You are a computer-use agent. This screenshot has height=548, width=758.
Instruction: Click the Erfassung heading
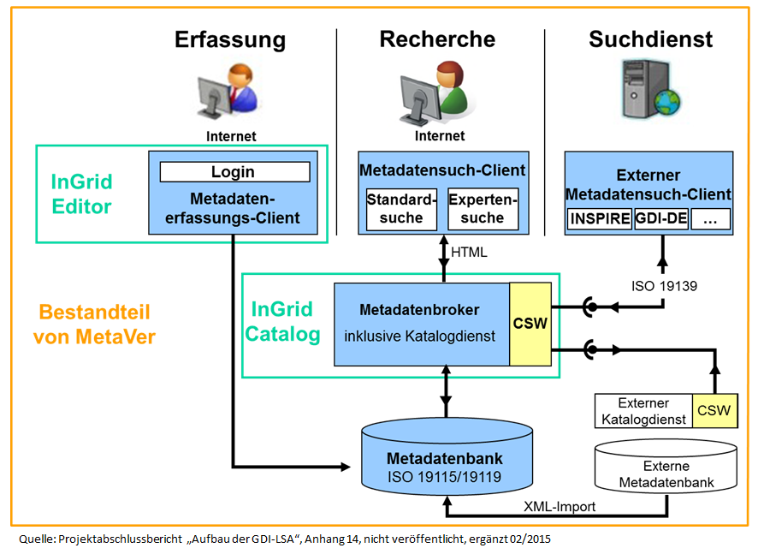[230, 39]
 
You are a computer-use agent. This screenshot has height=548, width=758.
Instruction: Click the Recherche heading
[437, 39]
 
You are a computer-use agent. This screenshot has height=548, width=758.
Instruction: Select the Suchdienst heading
[650, 39]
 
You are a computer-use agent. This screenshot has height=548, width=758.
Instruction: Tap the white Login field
[234, 172]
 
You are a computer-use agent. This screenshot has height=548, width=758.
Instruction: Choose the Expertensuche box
[483, 209]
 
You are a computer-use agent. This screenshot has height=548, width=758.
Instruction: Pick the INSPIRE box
[600, 218]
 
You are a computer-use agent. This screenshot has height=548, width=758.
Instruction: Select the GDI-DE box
[661, 218]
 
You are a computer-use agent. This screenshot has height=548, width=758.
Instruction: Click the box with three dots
[710, 218]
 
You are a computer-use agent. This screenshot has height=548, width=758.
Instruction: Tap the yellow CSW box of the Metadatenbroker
[530, 324]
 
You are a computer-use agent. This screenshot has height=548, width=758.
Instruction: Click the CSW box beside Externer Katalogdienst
[714, 410]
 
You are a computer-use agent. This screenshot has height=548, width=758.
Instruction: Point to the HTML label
[470, 253]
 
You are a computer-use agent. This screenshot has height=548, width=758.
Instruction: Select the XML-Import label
[560, 506]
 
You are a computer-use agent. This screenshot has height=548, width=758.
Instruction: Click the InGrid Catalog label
[283, 321]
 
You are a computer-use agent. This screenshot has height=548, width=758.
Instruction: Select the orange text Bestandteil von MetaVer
[94, 325]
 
